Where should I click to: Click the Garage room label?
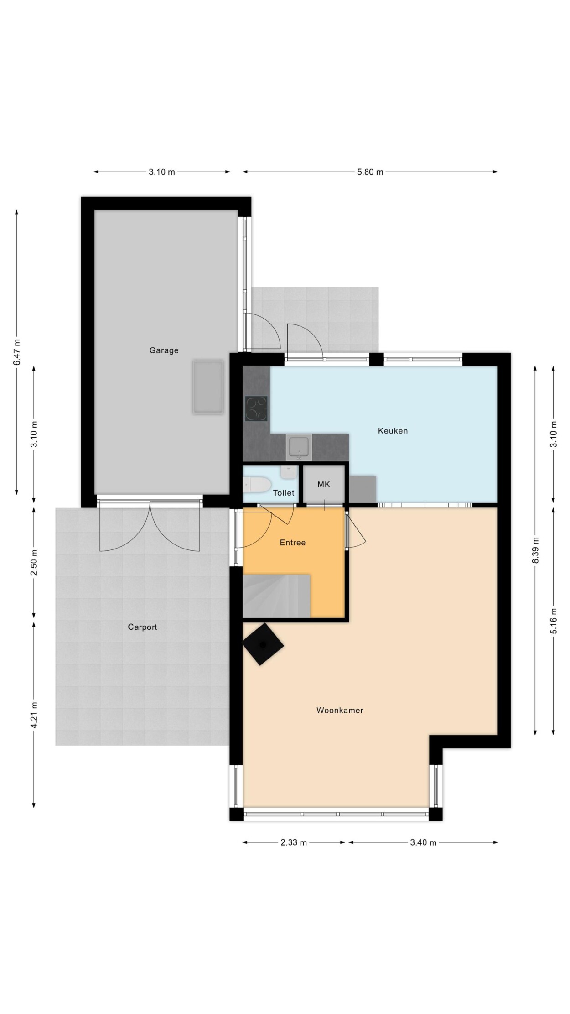[x=164, y=350]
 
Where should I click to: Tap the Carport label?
[x=142, y=627]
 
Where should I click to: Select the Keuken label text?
[x=393, y=430]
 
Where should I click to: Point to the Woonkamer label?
[x=340, y=710]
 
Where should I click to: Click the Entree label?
[x=292, y=542]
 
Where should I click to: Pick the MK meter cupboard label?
[x=324, y=484]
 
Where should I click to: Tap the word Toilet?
[x=284, y=493]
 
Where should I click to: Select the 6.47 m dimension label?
[x=17, y=352]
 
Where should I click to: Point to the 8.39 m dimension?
[x=535, y=550]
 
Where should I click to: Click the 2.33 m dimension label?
[x=293, y=842]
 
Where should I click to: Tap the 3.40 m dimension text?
[x=423, y=842]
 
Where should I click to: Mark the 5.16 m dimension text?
[x=554, y=621]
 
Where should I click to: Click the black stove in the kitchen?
[x=257, y=408]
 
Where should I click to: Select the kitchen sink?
[x=299, y=448]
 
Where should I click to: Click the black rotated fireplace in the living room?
[x=263, y=644]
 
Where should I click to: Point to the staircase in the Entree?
[x=276, y=596]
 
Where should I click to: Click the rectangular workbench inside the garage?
[x=208, y=387]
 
